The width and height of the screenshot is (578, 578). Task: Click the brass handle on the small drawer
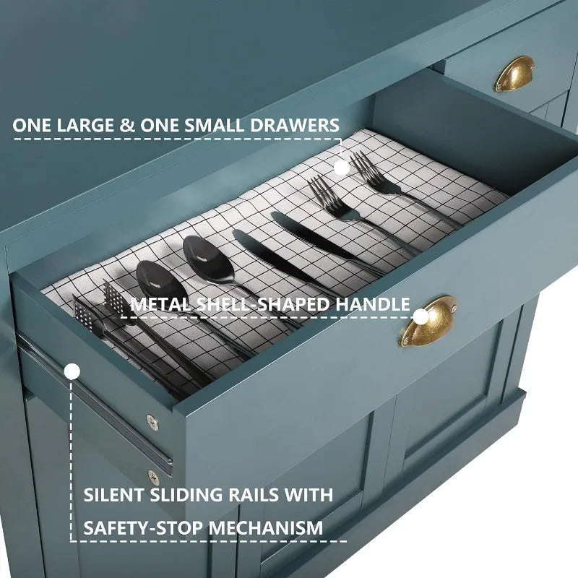[514, 74]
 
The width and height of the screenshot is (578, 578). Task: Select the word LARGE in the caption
[85, 125]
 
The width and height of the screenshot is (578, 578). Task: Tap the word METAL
[160, 304]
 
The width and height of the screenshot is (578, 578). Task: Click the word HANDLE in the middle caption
[372, 304]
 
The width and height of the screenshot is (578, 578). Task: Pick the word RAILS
[254, 495]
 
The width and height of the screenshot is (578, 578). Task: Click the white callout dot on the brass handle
[420, 316]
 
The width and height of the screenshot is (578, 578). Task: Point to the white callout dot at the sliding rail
[72, 371]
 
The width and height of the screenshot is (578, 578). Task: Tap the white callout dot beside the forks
[342, 168]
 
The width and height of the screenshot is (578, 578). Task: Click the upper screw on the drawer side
[152, 422]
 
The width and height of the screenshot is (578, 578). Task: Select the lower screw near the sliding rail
[153, 478]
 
